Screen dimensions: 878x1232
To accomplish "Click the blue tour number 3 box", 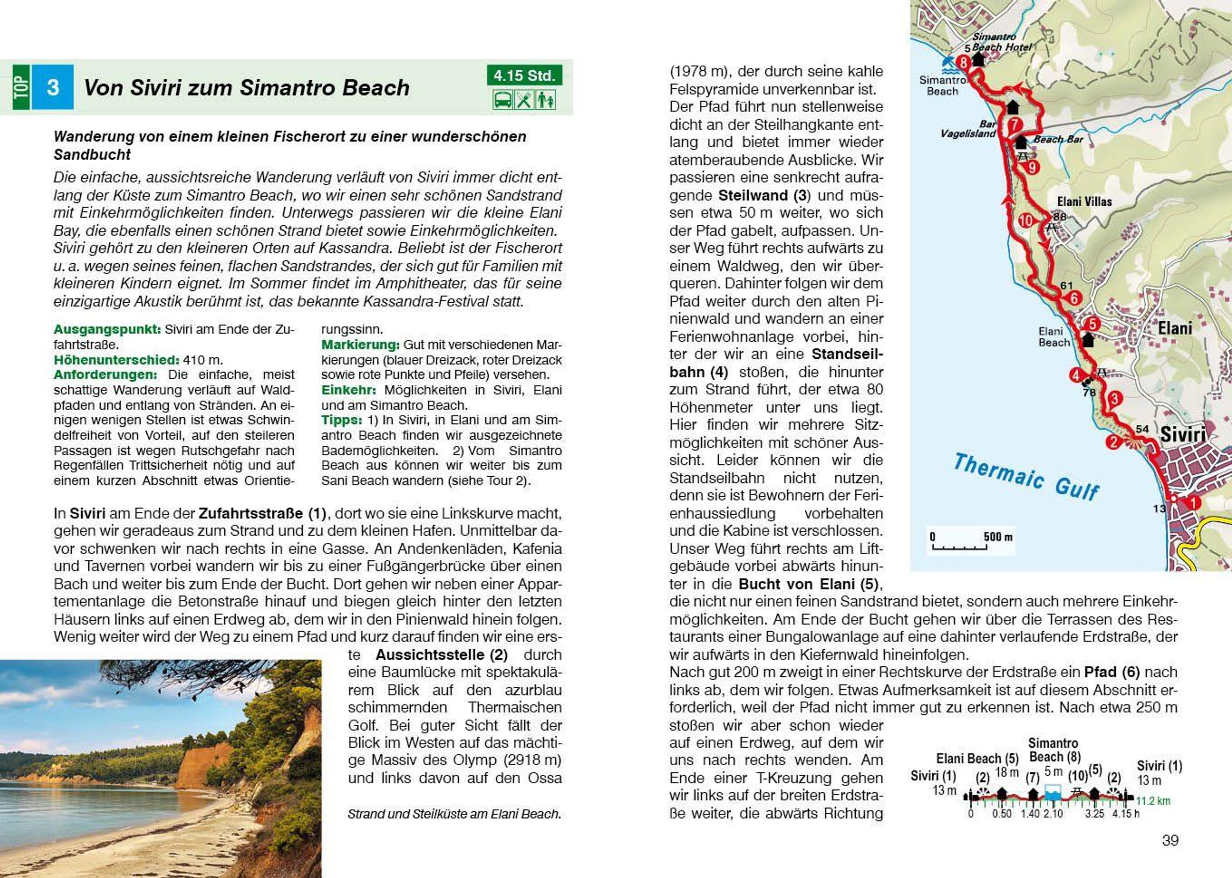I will (52, 87).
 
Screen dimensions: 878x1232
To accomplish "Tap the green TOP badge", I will (21, 87).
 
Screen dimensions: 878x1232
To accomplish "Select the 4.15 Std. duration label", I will (524, 75).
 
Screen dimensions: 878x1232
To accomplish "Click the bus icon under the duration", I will (503, 100).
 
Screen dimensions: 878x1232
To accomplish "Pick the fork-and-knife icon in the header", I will (524, 100).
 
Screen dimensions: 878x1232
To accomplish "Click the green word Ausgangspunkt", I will (107, 329).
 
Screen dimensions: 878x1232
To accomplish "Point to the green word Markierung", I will (360, 344).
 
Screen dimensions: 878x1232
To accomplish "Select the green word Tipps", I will (342, 420).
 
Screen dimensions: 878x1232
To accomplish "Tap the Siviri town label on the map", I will (1183, 435).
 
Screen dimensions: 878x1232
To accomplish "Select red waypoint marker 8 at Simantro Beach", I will (963, 63).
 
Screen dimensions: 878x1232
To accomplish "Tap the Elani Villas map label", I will (1084, 202).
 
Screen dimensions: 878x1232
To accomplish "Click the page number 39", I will (1170, 840).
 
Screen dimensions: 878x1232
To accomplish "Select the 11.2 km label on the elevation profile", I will (1153, 801).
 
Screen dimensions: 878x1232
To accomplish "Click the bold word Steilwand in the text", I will (753, 195).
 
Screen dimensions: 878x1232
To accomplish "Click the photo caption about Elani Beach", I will (454, 814).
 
